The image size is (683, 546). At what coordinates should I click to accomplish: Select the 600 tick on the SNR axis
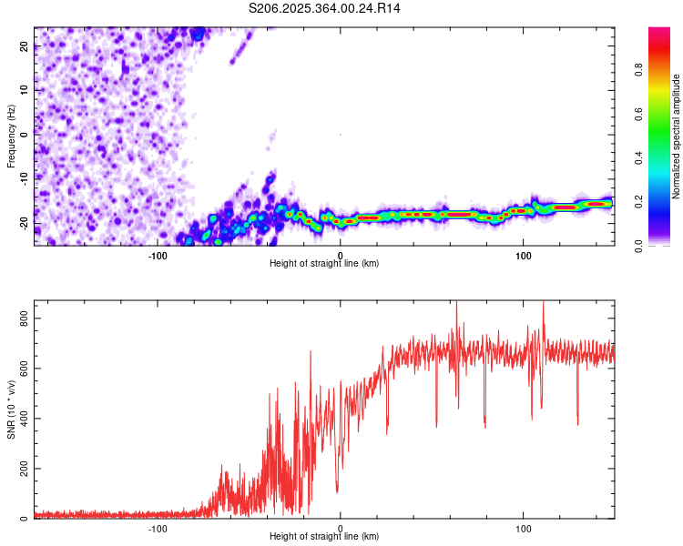pos(21,369)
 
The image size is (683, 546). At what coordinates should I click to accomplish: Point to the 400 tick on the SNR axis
pos(21,419)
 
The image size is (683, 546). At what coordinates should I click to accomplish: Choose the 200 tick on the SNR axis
pos(21,469)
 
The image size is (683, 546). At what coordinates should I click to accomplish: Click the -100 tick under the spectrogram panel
pos(158,255)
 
